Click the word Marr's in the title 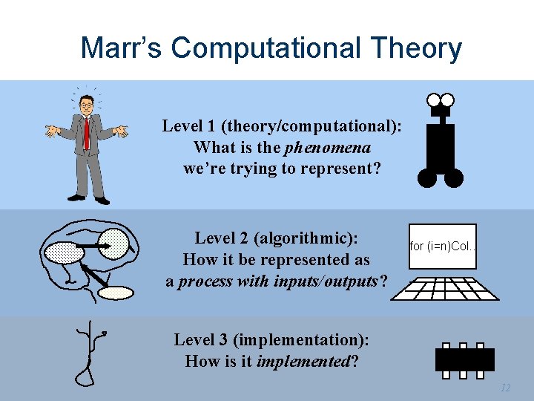[x=120, y=48]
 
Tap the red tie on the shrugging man [x=87, y=134]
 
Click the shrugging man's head [x=87, y=105]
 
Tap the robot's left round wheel [x=427, y=178]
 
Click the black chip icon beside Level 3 [x=464, y=359]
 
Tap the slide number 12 [x=506, y=388]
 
